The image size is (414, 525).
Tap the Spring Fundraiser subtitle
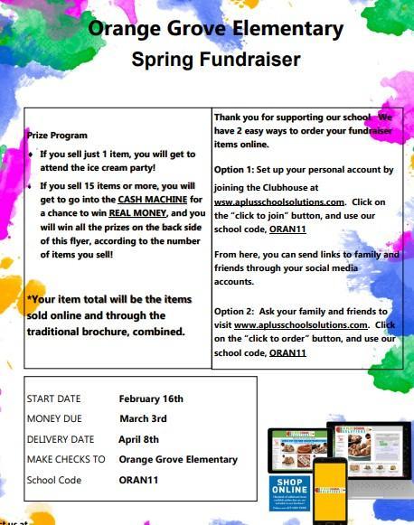click(x=215, y=61)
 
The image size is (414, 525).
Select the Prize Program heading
click(x=57, y=135)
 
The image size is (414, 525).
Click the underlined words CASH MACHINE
click(x=150, y=198)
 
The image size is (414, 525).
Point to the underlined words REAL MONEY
click(x=136, y=213)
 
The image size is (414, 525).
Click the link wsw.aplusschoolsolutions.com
click(x=279, y=202)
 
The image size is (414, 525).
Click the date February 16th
click(x=151, y=398)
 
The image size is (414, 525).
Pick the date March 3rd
click(x=143, y=418)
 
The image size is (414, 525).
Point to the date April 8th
click(x=138, y=439)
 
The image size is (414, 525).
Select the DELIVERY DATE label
click(x=61, y=439)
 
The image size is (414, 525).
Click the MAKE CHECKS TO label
click(x=66, y=459)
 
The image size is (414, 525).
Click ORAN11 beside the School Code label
click(x=138, y=480)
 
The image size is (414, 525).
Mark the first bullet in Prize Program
click(x=32, y=155)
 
